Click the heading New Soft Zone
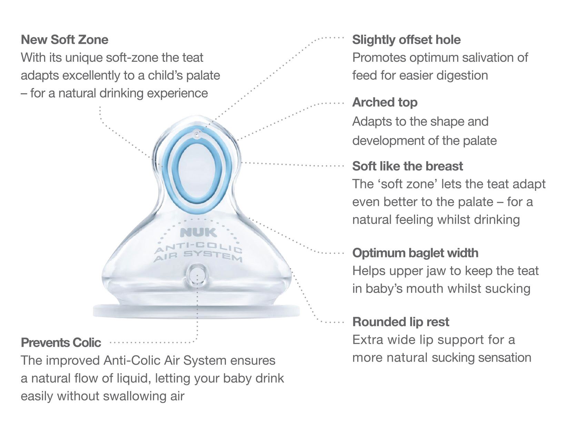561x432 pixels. [64, 40]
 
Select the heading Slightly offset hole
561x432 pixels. [406, 40]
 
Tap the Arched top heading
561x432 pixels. [385, 102]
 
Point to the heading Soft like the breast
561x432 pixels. [408, 166]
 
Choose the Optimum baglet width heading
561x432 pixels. [415, 253]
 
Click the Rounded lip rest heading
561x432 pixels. [401, 322]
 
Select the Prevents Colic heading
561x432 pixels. [61, 343]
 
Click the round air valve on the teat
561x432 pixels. [197, 275]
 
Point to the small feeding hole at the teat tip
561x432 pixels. [197, 133]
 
